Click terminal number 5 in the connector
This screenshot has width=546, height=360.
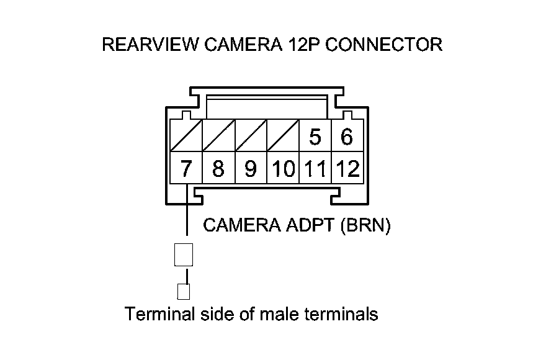(x=315, y=137)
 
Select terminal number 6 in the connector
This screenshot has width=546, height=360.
(x=347, y=137)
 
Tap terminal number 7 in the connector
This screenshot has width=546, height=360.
(x=186, y=169)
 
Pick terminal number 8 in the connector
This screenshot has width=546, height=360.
(x=218, y=169)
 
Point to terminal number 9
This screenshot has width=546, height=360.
(x=251, y=169)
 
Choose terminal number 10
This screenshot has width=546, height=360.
(x=283, y=169)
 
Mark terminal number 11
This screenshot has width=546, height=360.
(x=315, y=169)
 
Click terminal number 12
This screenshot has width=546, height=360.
(x=347, y=169)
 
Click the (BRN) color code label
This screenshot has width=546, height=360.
(x=365, y=225)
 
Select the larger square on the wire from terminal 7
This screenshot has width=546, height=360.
(x=184, y=254)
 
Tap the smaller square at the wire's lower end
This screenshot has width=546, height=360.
(x=184, y=291)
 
